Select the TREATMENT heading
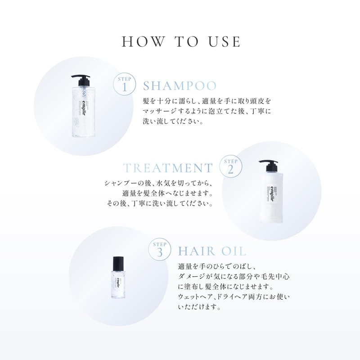(168, 168)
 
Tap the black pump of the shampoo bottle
(81, 81)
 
